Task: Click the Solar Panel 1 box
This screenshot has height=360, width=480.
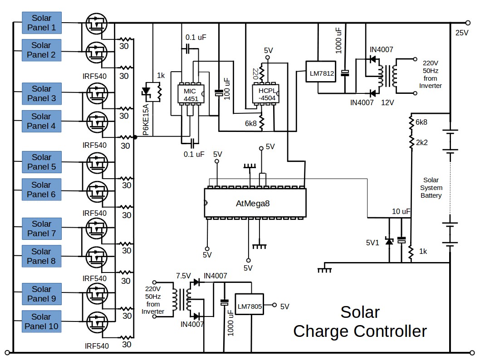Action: click(41, 23)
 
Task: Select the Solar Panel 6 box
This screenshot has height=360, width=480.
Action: click(41, 190)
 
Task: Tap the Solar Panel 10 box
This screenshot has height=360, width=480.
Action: click(41, 321)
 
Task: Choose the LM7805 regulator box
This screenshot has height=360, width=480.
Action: click(249, 306)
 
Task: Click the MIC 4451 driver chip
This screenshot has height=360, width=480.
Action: click(191, 94)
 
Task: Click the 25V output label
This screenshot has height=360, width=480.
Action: click(462, 33)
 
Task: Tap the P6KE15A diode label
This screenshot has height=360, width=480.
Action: click(146, 120)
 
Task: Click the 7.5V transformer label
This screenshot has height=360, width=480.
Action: click(185, 276)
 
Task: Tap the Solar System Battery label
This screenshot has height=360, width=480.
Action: click(431, 188)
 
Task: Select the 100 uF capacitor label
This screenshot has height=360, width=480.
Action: click(227, 88)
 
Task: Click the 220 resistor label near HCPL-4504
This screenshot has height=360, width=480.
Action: click(255, 73)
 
